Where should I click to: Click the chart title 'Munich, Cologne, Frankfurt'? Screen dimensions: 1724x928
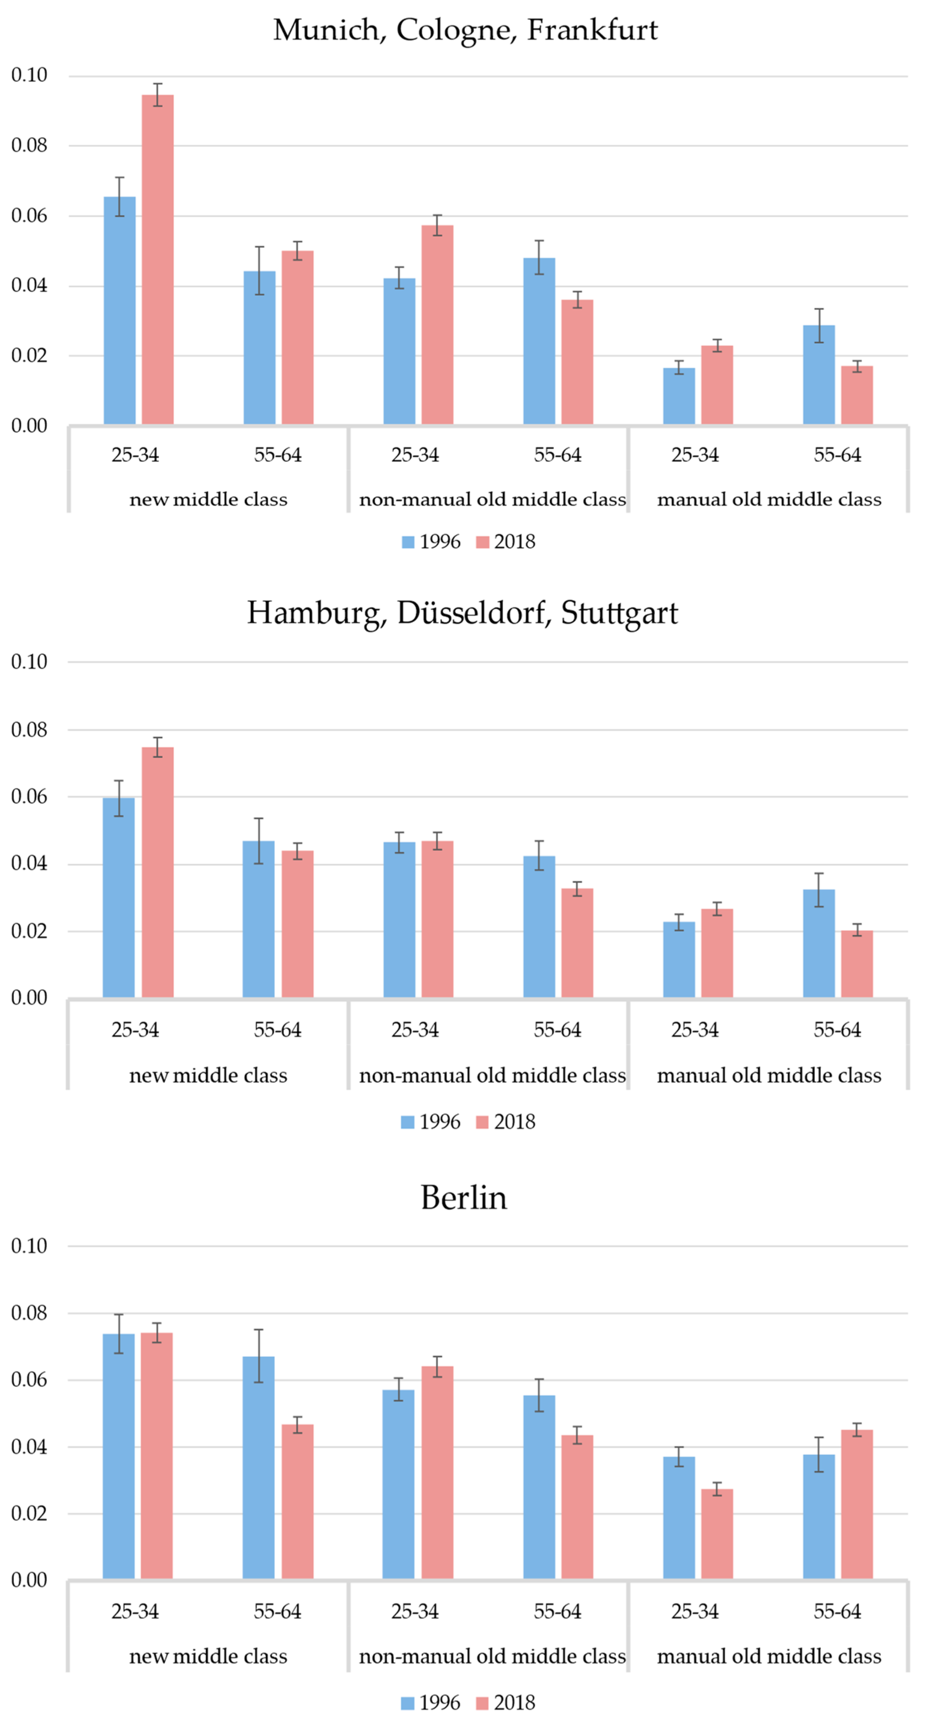[x=465, y=30]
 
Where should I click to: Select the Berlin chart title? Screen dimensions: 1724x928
[x=464, y=1197]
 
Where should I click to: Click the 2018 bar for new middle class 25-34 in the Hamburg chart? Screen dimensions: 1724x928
[x=157, y=873]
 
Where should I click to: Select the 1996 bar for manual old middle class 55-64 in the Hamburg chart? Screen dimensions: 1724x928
[x=819, y=944]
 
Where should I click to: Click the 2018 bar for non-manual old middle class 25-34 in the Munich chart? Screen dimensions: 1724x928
[x=437, y=325]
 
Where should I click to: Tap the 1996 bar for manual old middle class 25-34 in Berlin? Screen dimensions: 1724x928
[x=679, y=1519]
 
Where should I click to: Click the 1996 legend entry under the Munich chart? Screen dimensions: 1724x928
[x=431, y=542]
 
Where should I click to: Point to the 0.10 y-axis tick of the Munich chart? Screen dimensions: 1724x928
[x=30, y=75]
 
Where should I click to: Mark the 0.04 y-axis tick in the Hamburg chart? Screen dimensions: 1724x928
[x=30, y=863]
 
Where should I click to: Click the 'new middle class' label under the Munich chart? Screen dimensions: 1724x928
[x=208, y=499]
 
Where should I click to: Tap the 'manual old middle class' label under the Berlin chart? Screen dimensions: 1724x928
[x=769, y=1656]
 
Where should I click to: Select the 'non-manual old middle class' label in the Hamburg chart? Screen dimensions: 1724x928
[x=492, y=1076]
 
